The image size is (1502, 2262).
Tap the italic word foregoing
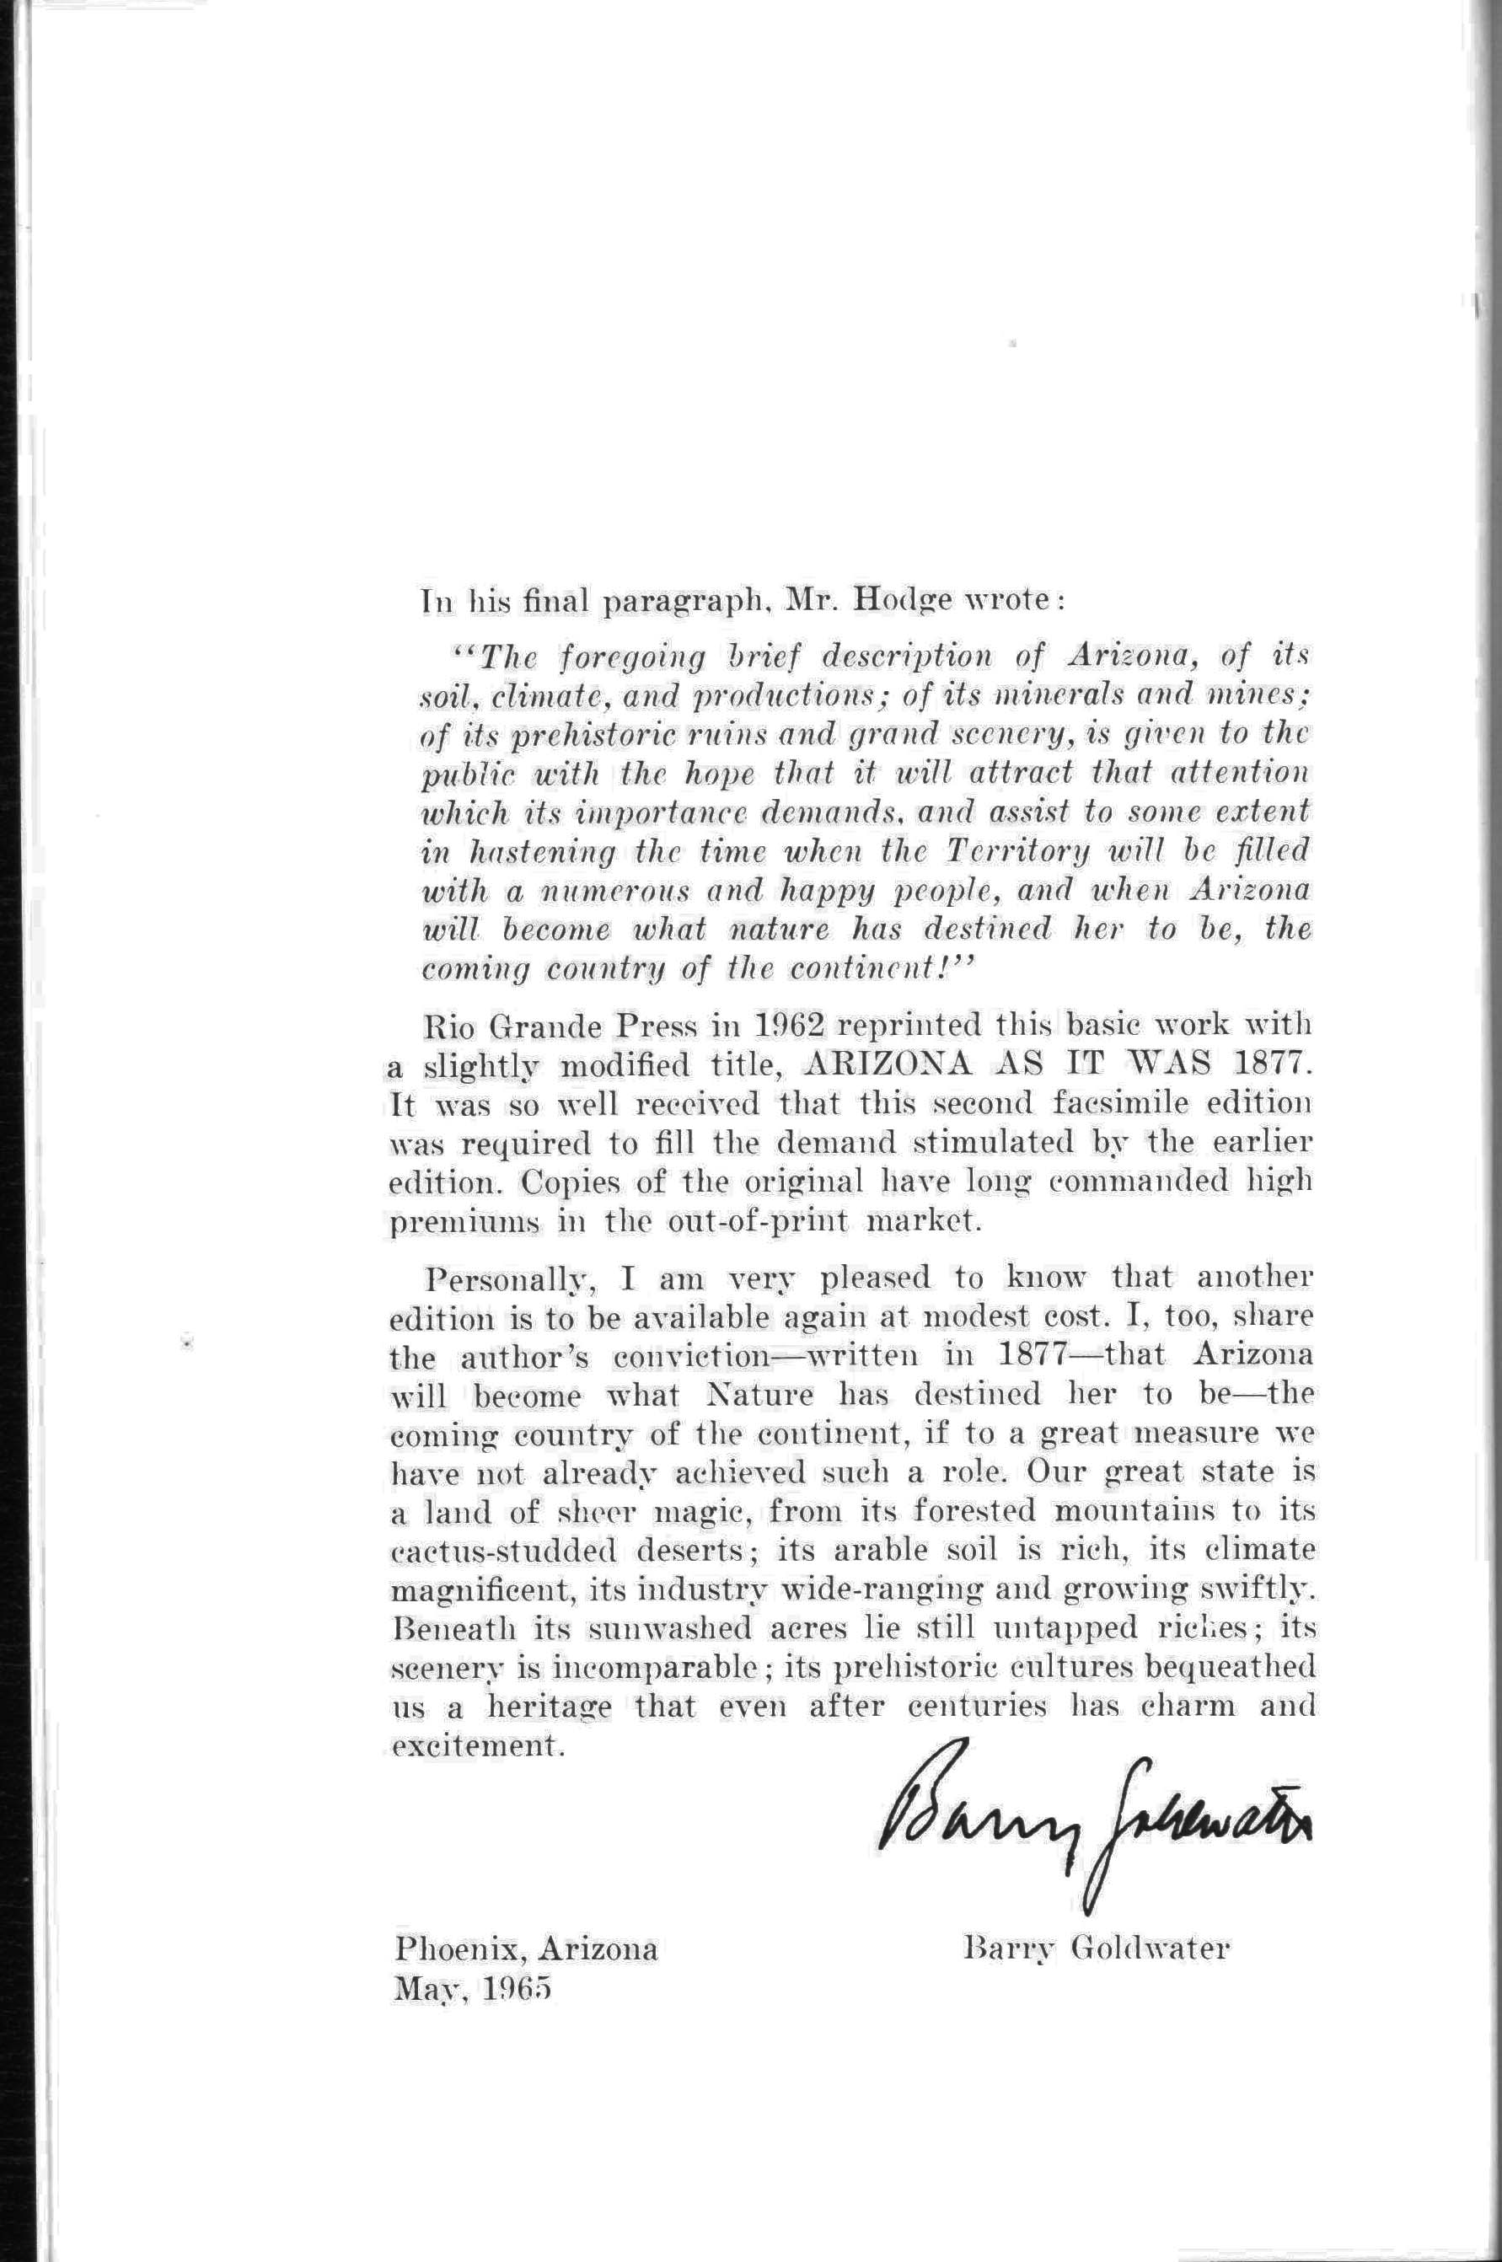(x=640, y=659)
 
